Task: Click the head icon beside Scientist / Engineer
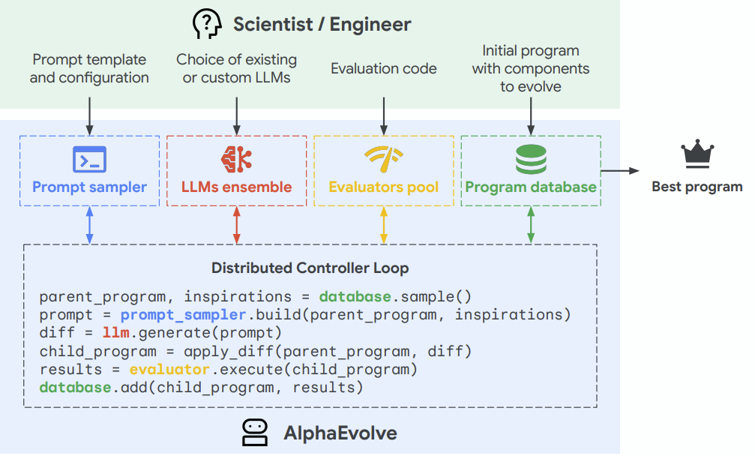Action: click(207, 24)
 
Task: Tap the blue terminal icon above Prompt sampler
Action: click(89, 160)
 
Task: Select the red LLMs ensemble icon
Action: click(236, 160)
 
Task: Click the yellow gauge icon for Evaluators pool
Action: click(384, 159)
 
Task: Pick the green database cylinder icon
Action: click(531, 160)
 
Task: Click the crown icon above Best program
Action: click(697, 154)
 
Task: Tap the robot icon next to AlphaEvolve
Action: click(255, 433)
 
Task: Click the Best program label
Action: click(697, 187)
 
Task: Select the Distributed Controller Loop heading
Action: click(310, 268)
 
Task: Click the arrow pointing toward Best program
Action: click(620, 170)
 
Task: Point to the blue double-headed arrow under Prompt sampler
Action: click(89, 225)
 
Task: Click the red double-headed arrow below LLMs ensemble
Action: click(236, 225)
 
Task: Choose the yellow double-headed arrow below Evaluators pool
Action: click(384, 225)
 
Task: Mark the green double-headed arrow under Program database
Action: click(531, 225)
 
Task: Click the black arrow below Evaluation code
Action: click(384, 116)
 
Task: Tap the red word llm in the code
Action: click(115, 333)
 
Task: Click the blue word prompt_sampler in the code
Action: click(183, 316)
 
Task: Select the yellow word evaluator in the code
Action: click(169, 369)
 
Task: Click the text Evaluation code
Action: click(384, 69)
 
